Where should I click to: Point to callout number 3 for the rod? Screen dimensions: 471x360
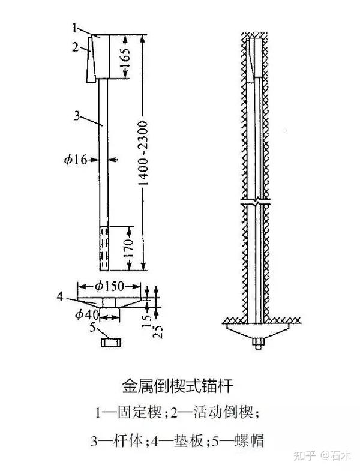pyautogui.click(x=76, y=116)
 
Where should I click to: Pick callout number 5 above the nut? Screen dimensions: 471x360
pyautogui.click(x=92, y=327)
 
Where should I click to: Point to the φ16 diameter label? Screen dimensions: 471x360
pyautogui.click(x=76, y=159)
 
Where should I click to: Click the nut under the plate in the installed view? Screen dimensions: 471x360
pyautogui.click(x=257, y=343)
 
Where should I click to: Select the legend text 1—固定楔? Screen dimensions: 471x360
pyautogui.click(x=124, y=413)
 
